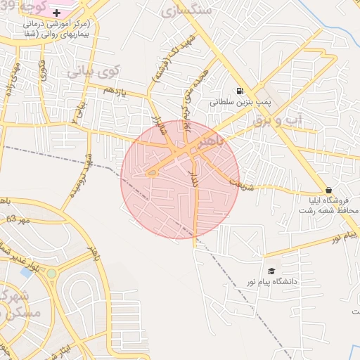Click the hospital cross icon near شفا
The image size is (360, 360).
click(x=56, y=13)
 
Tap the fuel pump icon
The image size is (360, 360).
click(x=240, y=91)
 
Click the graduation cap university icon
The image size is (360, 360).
click(x=271, y=271)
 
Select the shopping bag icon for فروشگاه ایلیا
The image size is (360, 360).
click(x=328, y=190)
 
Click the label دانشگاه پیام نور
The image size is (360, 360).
click(x=289, y=281)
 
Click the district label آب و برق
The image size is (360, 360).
click(x=275, y=120)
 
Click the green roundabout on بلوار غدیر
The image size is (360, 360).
click(x=51, y=274)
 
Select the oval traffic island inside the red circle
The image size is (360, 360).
click(x=152, y=173)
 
